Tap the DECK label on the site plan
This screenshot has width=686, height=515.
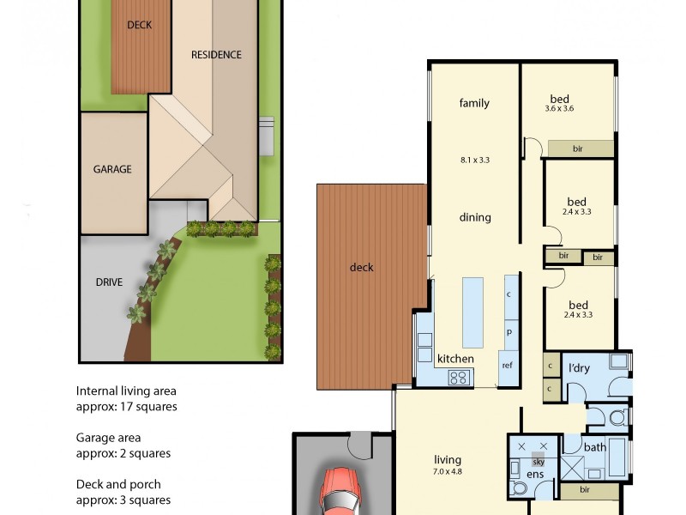click(x=139, y=25)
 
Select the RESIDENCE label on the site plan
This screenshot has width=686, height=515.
click(x=215, y=55)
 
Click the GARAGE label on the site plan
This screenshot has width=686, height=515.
click(x=112, y=169)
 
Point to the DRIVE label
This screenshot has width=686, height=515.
click(x=108, y=282)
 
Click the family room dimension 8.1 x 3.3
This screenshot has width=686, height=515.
click(x=474, y=160)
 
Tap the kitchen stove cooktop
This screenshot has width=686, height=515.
click(x=459, y=376)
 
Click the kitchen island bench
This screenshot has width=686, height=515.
click(x=473, y=309)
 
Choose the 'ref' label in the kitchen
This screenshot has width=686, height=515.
click(x=507, y=364)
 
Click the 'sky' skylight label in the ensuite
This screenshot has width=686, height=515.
click(x=538, y=461)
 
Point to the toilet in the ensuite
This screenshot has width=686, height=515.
click(x=519, y=488)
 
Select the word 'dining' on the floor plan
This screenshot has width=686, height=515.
click(x=474, y=217)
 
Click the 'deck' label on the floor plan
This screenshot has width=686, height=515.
click(x=362, y=267)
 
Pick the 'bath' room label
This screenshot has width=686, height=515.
click(x=595, y=447)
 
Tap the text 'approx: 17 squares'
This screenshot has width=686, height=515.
click(x=126, y=407)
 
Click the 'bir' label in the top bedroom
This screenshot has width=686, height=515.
click(x=578, y=149)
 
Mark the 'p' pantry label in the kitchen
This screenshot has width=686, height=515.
click(x=508, y=331)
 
